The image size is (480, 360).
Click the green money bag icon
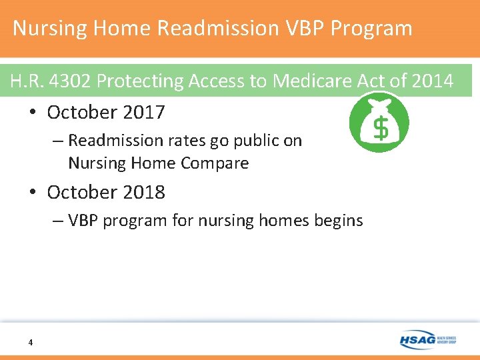379,123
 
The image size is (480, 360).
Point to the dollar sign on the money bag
379,129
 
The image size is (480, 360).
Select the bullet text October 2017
105,113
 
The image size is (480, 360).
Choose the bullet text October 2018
105,193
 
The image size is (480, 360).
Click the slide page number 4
31,343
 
